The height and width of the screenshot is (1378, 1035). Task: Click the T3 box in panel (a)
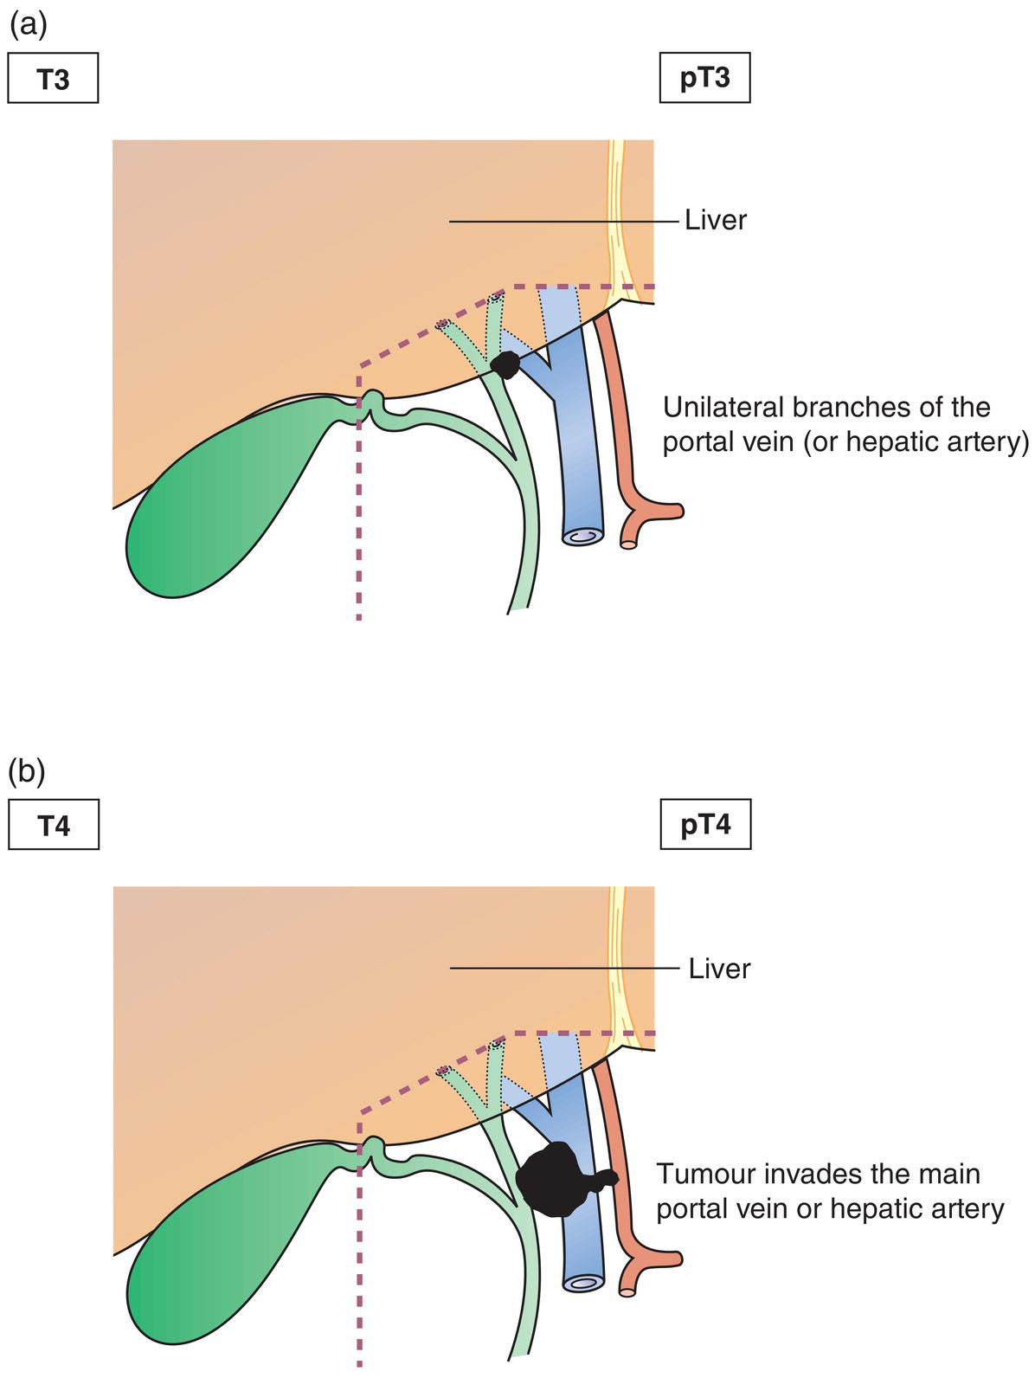[x=53, y=79]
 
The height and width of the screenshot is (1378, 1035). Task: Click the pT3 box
[x=704, y=79]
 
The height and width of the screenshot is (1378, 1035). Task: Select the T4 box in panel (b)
[x=53, y=826]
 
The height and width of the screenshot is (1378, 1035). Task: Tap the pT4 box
[x=705, y=825]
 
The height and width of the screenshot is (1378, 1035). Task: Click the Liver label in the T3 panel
[x=715, y=221]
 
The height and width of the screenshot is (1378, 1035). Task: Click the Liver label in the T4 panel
[x=719, y=969]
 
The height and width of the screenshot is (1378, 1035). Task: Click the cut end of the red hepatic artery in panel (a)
[x=629, y=544]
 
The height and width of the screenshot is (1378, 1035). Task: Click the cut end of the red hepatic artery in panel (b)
[x=629, y=1291]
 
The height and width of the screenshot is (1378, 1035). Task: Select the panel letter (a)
[x=27, y=24]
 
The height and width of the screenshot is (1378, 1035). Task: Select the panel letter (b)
[x=27, y=770]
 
